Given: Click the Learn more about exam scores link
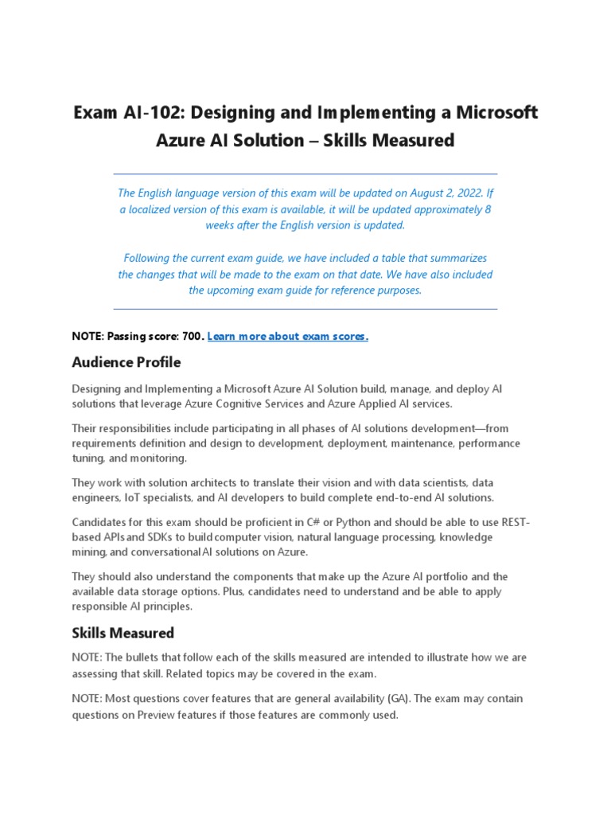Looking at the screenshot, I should coord(287,337).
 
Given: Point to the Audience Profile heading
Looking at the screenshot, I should coord(126,363).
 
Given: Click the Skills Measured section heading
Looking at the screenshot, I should coord(123,634).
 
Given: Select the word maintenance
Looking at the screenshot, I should coord(408,443).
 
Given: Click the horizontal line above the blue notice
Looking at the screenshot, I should coord(305,174).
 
